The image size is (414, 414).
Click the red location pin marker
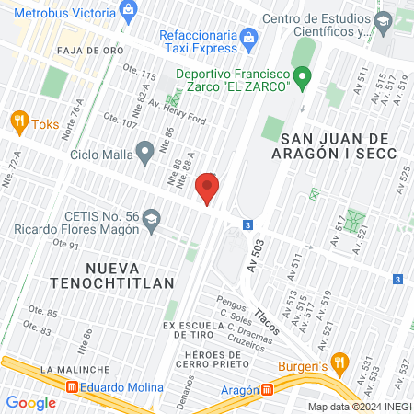(x=208, y=190)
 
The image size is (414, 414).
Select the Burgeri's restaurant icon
(x=341, y=362)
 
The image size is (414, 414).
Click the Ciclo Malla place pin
(x=144, y=150)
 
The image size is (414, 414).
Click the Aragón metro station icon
(x=268, y=389)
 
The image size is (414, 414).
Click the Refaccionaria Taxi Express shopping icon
(x=247, y=36)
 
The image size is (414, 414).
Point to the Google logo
(x=30, y=402)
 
